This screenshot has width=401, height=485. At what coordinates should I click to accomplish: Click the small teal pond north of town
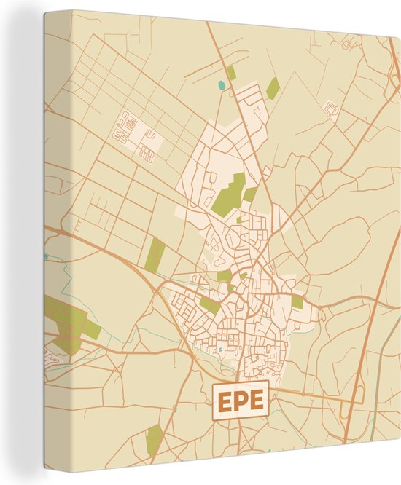[x=222, y=86]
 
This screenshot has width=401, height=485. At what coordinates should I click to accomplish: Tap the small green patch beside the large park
[x=250, y=194]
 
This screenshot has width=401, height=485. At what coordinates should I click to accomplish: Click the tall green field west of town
[x=155, y=255]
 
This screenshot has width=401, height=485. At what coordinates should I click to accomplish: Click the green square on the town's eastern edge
[x=297, y=301]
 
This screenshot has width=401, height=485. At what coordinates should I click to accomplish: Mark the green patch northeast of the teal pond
[x=273, y=89]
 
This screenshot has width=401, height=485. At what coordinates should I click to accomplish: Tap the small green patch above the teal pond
[x=231, y=72]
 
